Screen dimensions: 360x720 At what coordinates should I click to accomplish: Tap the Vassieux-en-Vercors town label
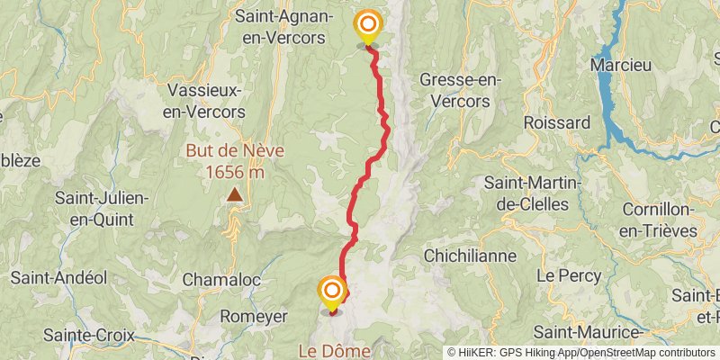click(206, 100)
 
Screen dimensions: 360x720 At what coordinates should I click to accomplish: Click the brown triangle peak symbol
click(234, 194)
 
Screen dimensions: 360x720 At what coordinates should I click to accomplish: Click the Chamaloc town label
click(221, 280)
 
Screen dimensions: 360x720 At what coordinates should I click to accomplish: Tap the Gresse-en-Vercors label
click(460, 90)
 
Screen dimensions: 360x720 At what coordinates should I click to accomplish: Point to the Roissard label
click(556, 122)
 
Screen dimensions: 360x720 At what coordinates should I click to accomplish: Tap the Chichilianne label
click(470, 256)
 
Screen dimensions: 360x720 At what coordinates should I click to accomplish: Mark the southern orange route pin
click(332, 292)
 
